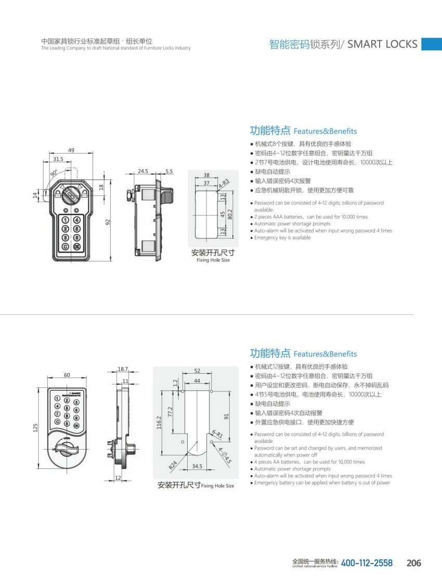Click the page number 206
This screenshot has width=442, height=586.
pos(413,563)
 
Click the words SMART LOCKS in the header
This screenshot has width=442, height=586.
pos(382,44)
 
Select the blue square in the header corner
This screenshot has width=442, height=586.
pos(431,44)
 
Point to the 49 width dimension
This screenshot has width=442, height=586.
pos(71,150)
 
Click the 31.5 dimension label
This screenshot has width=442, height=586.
pos(58,160)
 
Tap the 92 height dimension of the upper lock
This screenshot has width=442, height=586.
pos(108,222)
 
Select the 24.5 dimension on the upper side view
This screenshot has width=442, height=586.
pos(143,171)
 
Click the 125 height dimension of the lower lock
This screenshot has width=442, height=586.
pos(35,428)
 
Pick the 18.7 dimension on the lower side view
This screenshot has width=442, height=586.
pos(122,369)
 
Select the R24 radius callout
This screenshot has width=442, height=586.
pos(173,464)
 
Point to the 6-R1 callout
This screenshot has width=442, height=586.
pos(217,434)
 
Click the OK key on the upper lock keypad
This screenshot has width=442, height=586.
pos(76,246)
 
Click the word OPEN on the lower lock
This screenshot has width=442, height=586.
pos(66,439)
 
